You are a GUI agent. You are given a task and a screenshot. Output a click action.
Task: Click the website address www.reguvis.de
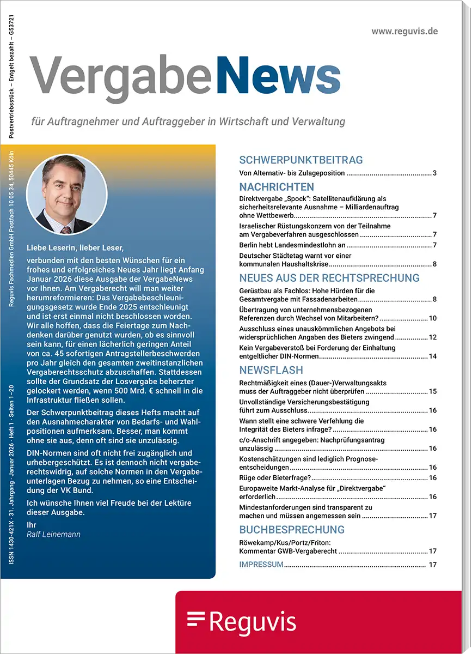point(404,31)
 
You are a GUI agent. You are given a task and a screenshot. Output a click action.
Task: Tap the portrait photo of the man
point(66,195)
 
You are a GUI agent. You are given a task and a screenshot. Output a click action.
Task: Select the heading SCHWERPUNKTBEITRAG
point(301,160)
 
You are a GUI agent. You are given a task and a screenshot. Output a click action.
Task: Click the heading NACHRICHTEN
point(277,187)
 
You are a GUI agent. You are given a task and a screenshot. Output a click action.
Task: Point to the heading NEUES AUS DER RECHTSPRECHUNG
point(329,278)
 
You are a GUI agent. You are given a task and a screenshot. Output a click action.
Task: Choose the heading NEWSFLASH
point(270,370)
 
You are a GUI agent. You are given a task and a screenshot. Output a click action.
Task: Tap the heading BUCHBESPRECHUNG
point(292,530)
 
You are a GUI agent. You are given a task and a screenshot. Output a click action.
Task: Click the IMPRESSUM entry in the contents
point(261,565)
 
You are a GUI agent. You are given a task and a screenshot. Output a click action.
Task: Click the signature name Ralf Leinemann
point(53,534)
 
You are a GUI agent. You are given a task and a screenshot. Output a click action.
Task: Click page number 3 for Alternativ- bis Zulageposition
point(434,173)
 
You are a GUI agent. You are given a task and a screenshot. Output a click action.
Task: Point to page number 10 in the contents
point(433,318)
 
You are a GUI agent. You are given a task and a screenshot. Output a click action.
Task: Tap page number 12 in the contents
point(433,337)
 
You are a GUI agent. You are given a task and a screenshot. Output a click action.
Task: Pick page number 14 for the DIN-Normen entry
point(433,356)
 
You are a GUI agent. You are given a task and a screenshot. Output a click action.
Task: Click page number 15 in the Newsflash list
point(433,391)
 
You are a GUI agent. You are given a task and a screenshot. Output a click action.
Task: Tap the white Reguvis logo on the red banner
point(242,622)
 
